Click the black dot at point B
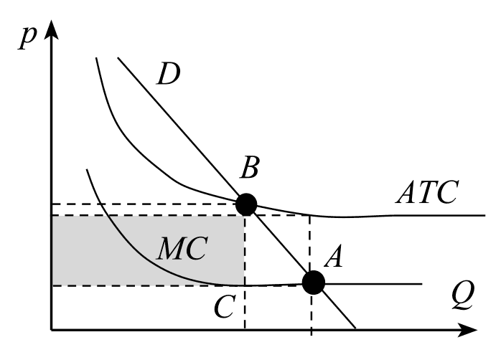[x=245, y=204]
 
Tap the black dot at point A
[x=313, y=283]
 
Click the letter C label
[x=223, y=308]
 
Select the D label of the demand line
[x=168, y=75]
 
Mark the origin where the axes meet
[x=51, y=331]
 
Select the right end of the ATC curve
[x=485, y=215]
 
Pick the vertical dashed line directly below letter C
[x=245, y=316]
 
